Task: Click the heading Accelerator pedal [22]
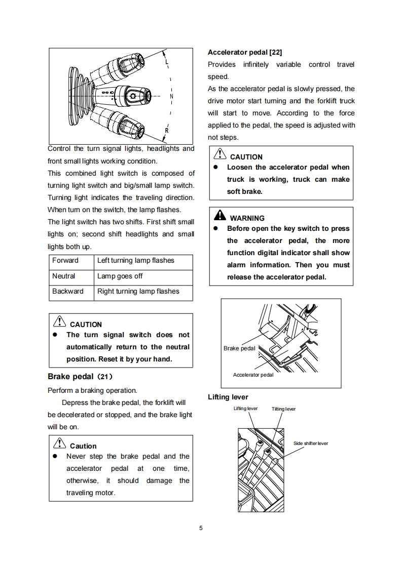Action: [x=245, y=52]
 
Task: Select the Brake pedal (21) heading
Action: [x=80, y=377]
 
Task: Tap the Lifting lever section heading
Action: [x=228, y=397]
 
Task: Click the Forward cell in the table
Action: [x=65, y=261]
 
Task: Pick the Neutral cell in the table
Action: [x=63, y=276]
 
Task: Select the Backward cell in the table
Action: [x=68, y=291]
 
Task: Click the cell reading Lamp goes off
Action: [x=120, y=276]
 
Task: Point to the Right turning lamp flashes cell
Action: [x=138, y=291]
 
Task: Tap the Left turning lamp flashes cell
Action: [x=135, y=261]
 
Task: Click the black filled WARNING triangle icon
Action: [x=220, y=216]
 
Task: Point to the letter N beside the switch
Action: [x=171, y=96]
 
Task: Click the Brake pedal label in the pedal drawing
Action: [x=239, y=348]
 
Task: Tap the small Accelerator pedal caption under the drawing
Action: [x=253, y=375]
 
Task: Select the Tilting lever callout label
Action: [x=283, y=409]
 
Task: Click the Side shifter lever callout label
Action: [x=311, y=443]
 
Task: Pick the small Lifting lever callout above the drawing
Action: [x=245, y=409]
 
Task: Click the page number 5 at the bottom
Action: [x=201, y=529]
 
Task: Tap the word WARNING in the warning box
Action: [x=247, y=218]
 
